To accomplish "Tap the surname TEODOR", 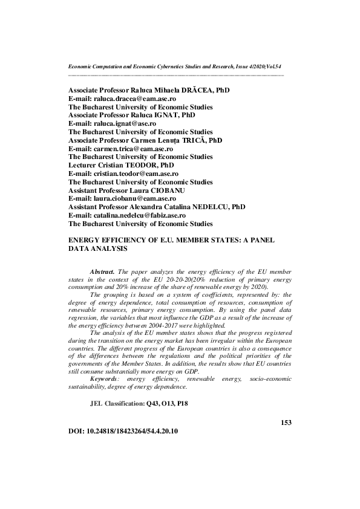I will click(x=145, y=164).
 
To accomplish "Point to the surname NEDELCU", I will click(x=211, y=207).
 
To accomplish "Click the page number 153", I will click(x=286, y=422).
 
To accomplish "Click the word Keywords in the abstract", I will click(x=104, y=378).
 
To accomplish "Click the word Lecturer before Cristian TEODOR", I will click(x=83, y=164).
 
